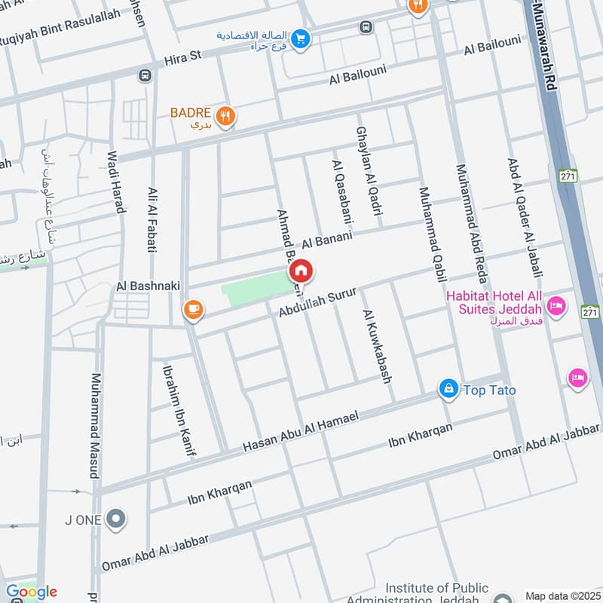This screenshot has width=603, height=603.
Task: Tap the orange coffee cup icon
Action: (x=194, y=309)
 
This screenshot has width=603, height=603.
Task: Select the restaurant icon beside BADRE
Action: (x=225, y=116)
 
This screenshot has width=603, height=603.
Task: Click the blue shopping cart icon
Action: (x=301, y=38)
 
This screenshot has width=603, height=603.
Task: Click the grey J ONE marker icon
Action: (x=115, y=518)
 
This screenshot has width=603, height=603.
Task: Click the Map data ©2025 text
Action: (x=562, y=595)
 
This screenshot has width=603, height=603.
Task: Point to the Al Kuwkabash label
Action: (x=378, y=346)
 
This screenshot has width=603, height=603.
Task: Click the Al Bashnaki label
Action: (x=146, y=287)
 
